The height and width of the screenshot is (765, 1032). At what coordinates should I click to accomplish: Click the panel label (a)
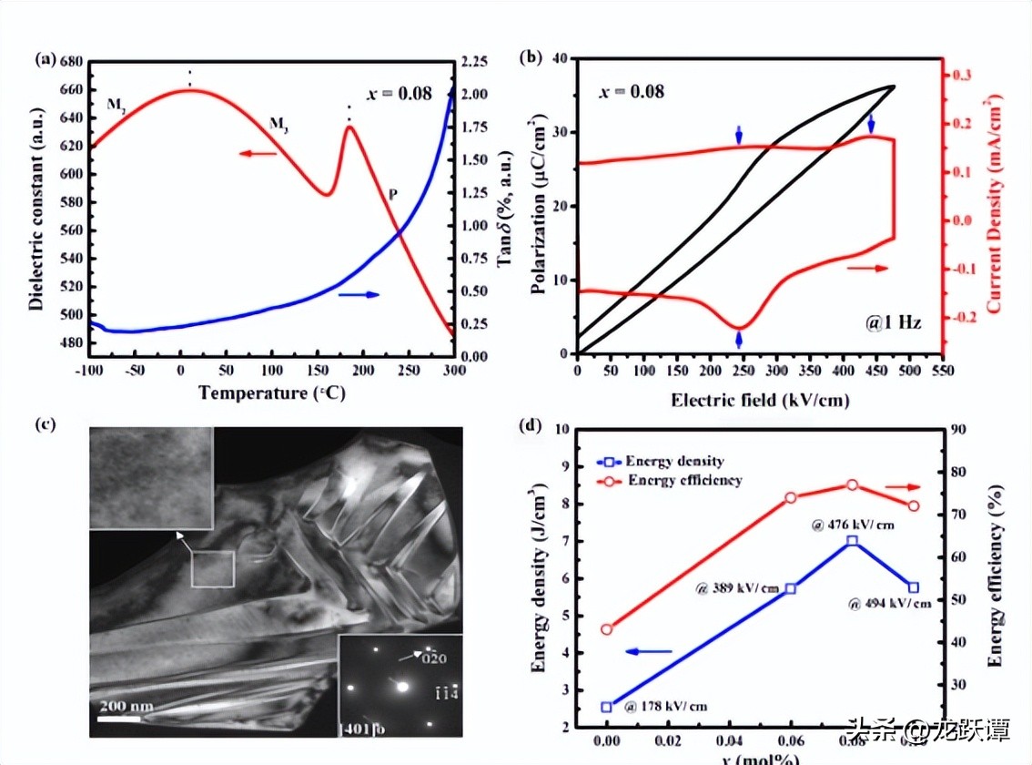[x=45, y=60]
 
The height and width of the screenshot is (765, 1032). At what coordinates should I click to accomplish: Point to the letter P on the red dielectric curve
[x=392, y=194]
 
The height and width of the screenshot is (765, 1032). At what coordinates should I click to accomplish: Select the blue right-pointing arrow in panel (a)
[x=359, y=294]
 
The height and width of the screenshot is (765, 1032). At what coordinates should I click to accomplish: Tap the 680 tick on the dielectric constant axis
[x=71, y=62]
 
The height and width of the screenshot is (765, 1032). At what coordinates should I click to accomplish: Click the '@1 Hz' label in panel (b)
[x=895, y=321]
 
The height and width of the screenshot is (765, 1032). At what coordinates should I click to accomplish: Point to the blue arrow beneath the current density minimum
[x=739, y=340]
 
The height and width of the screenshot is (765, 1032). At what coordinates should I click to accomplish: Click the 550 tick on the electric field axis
[x=942, y=372]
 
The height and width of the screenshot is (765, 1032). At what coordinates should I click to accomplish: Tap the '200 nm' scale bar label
[x=126, y=707]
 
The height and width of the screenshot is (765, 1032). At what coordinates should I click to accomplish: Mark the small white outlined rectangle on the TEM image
[x=213, y=568]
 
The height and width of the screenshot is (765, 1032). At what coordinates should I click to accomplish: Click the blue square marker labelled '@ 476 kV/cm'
[x=852, y=541]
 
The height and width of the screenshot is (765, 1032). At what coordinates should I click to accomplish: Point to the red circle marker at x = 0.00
[x=607, y=629]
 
